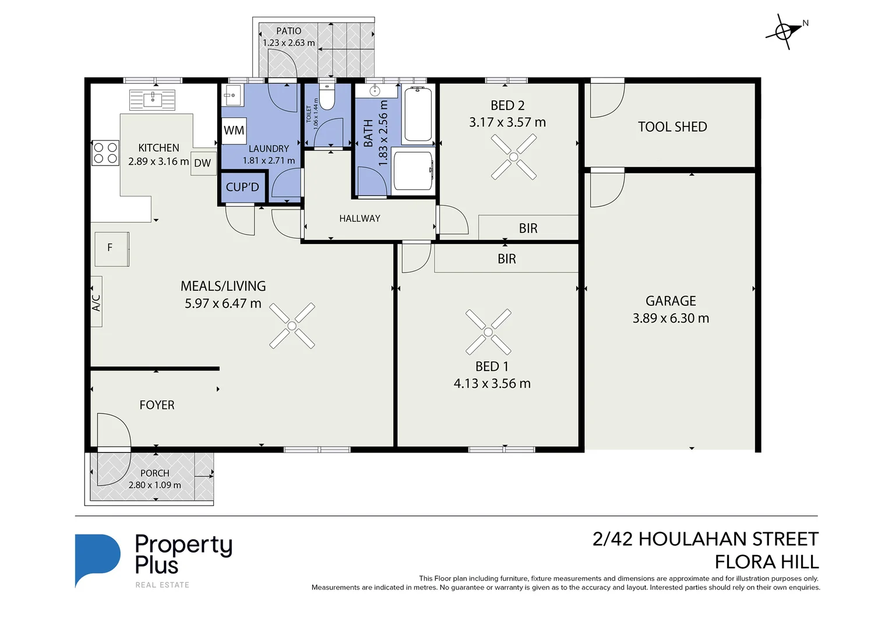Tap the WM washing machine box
pos(234,130)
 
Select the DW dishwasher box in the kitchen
pos(203,163)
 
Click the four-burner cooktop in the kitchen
pos(105,153)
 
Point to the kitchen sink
pos(152,100)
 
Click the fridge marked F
pos(111,249)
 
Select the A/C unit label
pos(97,302)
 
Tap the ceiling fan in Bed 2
pos(513,157)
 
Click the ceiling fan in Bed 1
pos(488,332)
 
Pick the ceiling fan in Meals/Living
pos(292,326)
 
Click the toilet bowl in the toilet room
pos(327,98)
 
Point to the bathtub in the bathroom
pos(418,114)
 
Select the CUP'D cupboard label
pos(242,187)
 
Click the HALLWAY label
pos(359,218)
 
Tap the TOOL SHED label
pos(672,127)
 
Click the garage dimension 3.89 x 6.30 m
pos(671,318)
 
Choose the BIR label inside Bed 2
pos(528,228)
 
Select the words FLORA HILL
pos(766,562)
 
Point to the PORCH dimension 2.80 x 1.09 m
pos(154,485)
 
